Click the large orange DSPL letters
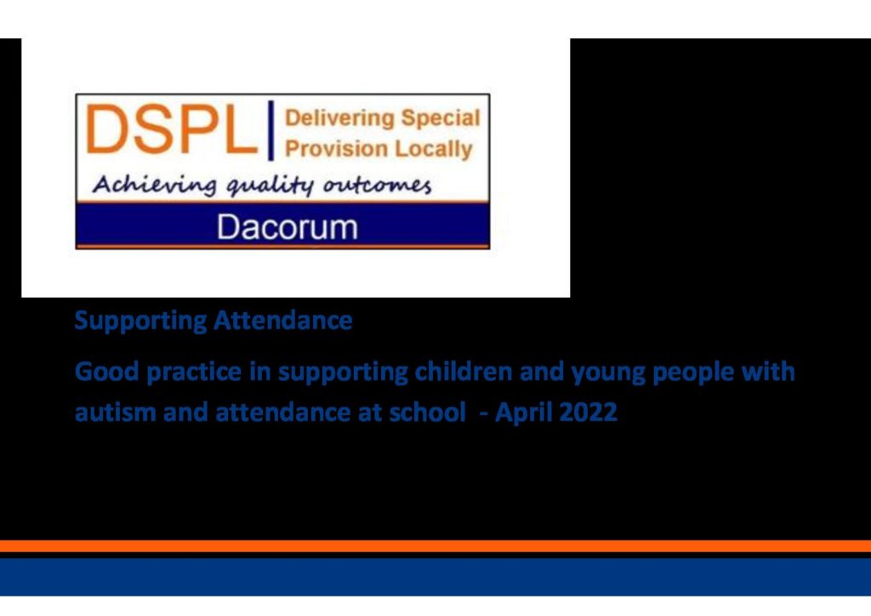tap(171, 129)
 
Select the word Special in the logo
tap(441, 119)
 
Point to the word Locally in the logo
tap(433, 150)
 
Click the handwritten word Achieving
tap(154, 185)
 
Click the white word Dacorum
tap(287, 227)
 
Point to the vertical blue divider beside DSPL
tap(271, 130)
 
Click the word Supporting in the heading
tap(140, 322)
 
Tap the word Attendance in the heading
tap(283, 321)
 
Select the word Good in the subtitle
tap(106, 371)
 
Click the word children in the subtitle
tap(464, 371)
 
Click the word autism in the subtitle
tap(115, 412)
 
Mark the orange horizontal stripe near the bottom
tap(435, 546)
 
